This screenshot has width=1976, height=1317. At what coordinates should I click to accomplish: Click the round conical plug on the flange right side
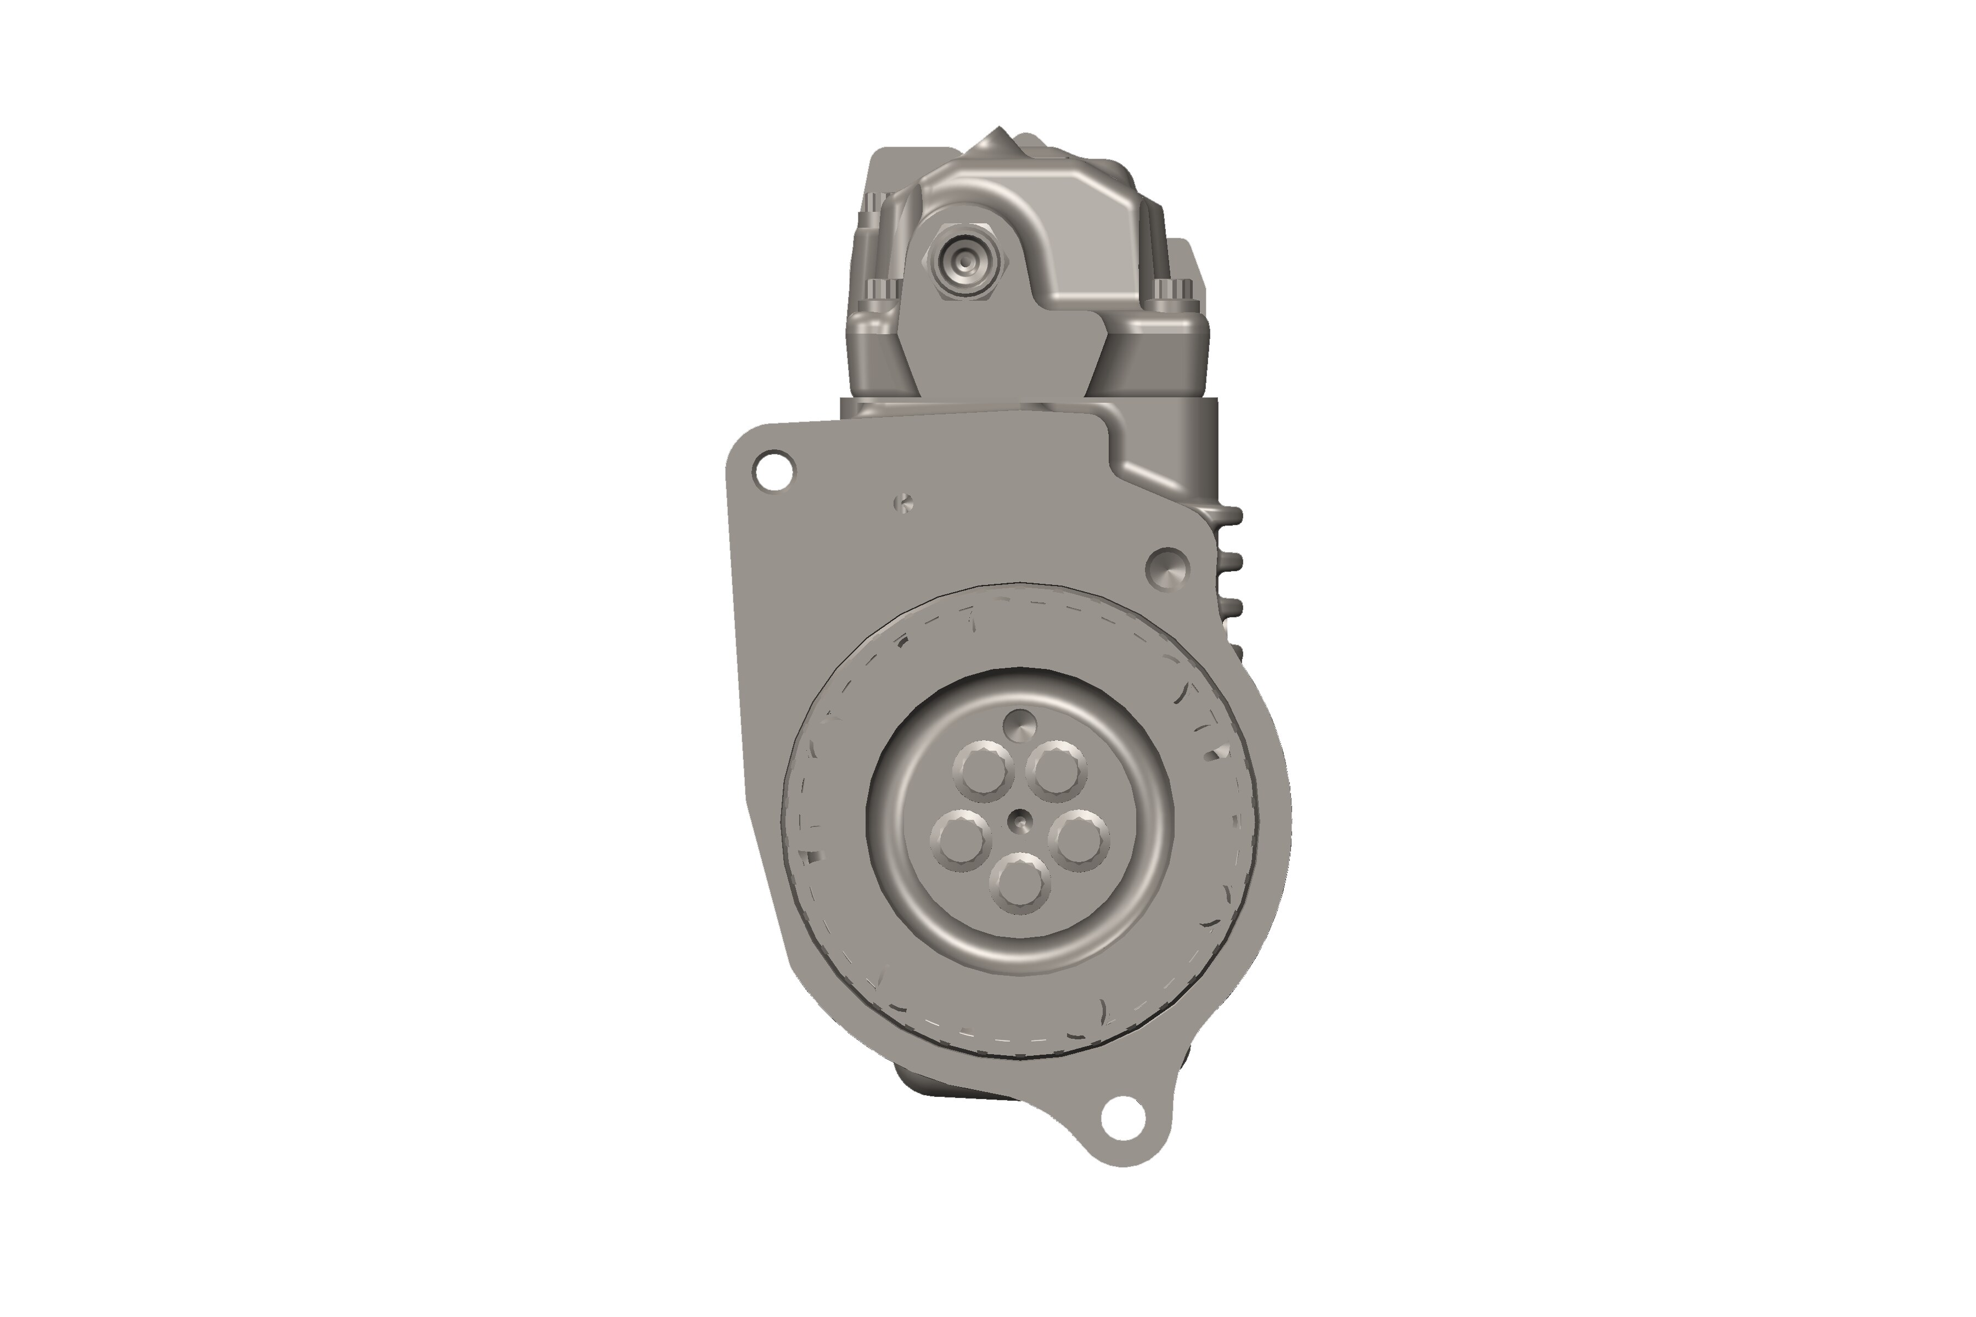1168,569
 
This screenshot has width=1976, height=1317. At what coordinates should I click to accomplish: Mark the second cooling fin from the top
1232,559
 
